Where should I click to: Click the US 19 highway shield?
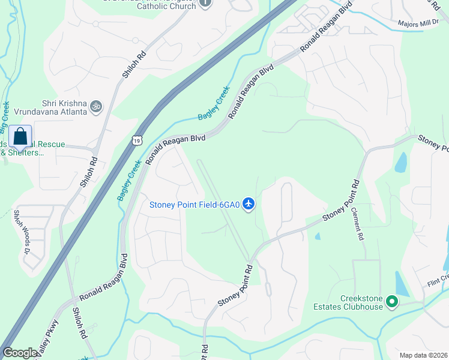[137, 140]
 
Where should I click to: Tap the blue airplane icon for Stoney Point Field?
[249, 205]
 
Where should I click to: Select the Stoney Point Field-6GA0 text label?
[194, 205]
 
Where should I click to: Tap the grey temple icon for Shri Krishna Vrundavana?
[96, 107]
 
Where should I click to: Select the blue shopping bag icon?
[20, 137]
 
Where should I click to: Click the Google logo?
[20, 353]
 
